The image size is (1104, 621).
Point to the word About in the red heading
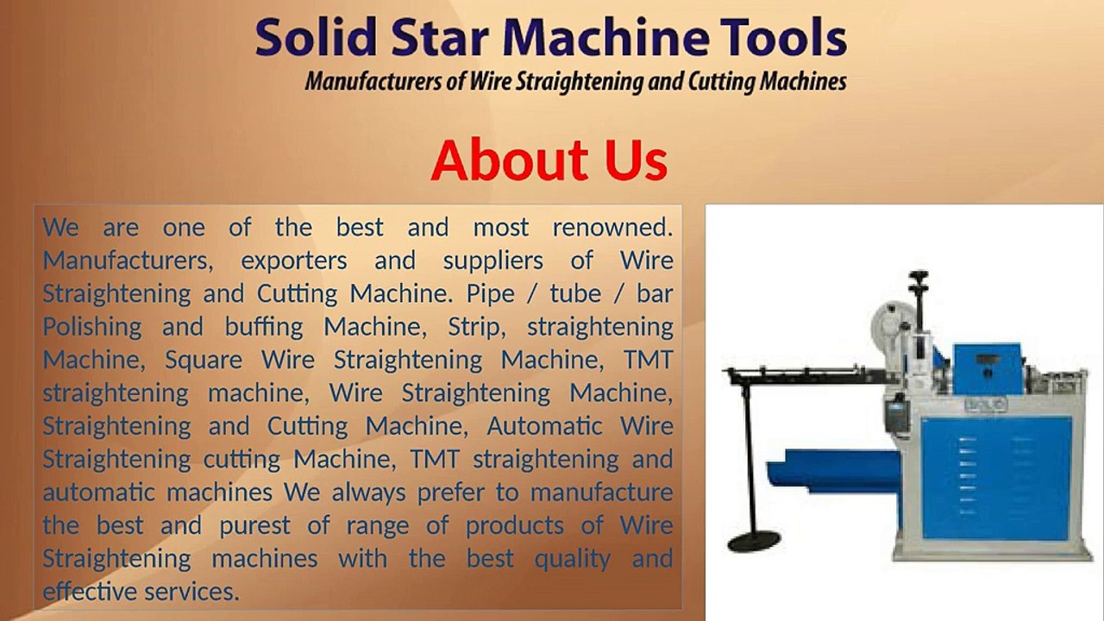coord(505,160)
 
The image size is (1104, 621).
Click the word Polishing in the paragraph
coord(92,327)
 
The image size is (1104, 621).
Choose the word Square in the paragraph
coord(204,360)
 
